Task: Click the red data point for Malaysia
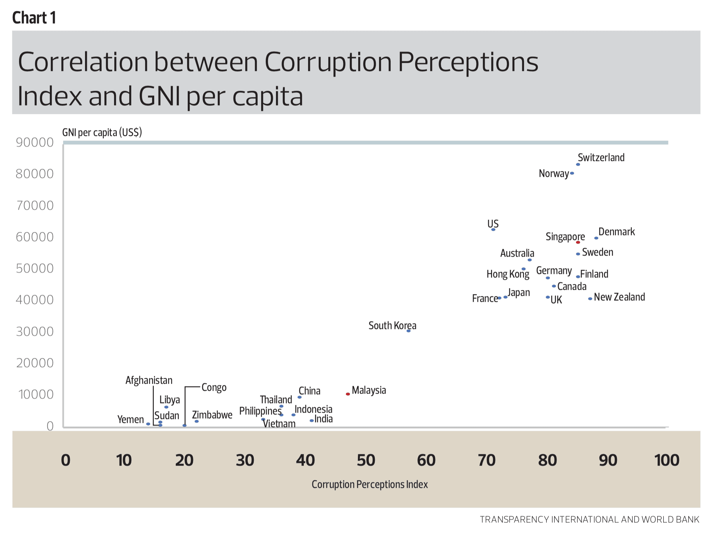348,394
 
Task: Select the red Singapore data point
578,242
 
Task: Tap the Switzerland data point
578,164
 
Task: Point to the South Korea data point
408,331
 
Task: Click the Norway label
553,174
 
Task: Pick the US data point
493,230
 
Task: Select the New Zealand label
619,297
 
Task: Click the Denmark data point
596,238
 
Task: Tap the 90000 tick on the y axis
35,143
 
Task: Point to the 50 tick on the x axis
366,460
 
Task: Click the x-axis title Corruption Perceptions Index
370,484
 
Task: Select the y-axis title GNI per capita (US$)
102,133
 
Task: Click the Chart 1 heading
34,18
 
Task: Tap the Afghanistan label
149,381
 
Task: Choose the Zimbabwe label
212,415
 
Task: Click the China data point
299,397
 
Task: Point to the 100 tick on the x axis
666,460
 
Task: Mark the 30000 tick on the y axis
35,331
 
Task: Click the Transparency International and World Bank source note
589,520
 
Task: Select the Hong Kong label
508,274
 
